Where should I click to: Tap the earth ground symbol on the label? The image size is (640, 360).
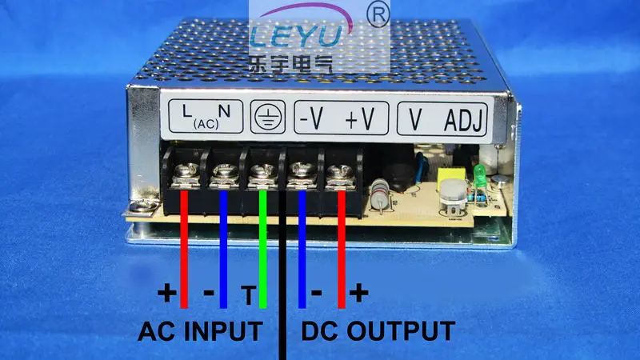pos(268,117)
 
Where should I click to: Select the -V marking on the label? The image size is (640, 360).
pos(311,118)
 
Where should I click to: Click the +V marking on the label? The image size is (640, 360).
pos(359,118)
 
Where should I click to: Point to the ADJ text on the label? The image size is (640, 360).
pos(463,120)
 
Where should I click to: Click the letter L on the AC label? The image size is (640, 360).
pos(186,111)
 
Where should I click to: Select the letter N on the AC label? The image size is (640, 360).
pos(224,110)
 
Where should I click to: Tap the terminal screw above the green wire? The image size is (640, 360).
pos(262,171)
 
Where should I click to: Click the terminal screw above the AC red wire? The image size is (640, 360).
pos(186,170)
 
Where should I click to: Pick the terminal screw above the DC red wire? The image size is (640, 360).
pos(340,171)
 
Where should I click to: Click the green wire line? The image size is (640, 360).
pos(263,249)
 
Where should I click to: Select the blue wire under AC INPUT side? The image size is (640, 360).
pos(223,249)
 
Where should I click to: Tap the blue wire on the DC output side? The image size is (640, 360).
pos(302,249)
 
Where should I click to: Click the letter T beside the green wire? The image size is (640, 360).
pos(249,294)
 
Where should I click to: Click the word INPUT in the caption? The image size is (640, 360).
pos(223,331)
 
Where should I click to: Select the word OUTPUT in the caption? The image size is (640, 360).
pos(401,331)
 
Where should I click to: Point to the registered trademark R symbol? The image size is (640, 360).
pos(378,15)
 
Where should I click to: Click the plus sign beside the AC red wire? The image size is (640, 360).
pos(167,293)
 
